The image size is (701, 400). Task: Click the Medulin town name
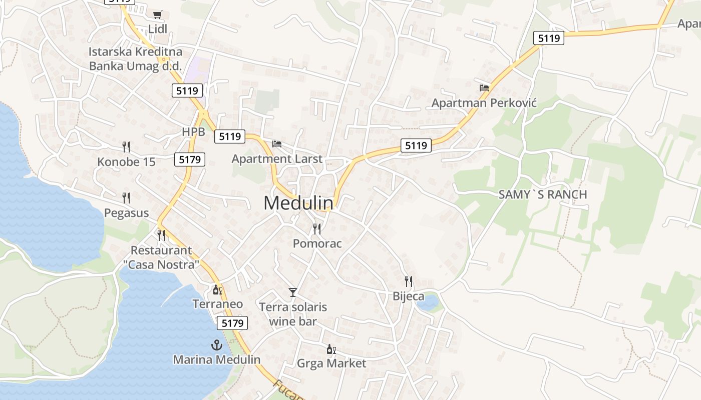pyautogui.click(x=298, y=203)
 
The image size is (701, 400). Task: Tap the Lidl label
pyautogui.click(x=158, y=29)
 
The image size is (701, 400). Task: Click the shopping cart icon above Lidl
pyautogui.click(x=158, y=14)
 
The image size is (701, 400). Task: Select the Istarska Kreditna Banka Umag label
pyautogui.click(x=135, y=58)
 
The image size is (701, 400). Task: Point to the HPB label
pyautogui.click(x=193, y=132)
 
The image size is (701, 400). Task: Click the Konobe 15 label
pyautogui.click(x=126, y=162)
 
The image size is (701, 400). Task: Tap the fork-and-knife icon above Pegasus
pyautogui.click(x=126, y=198)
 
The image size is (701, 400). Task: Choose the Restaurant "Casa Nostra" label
pyautogui.click(x=161, y=257)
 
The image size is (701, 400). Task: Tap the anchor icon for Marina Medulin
pyautogui.click(x=217, y=344)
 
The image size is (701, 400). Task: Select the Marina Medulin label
pyautogui.click(x=217, y=359)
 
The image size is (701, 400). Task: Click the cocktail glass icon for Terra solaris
pyautogui.click(x=293, y=292)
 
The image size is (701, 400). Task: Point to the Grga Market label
pyautogui.click(x=331, y=363)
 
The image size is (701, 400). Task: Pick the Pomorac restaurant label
pyautogui.click(x=317, y=243)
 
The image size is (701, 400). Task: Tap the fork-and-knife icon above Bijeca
pyautogui.click(x=409, y=281)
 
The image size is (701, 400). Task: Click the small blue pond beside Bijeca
pyautogui.click(x=427, y=302)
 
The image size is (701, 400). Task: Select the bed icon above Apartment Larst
pyautogui.click(x=277, y=144)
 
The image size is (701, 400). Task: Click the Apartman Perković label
pyautogui.click(x=484, y=103)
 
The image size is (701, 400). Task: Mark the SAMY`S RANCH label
pyautogui.click(x=543, y=194)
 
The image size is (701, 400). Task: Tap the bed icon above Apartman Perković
pyautogui.click(x=484, y=87)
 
